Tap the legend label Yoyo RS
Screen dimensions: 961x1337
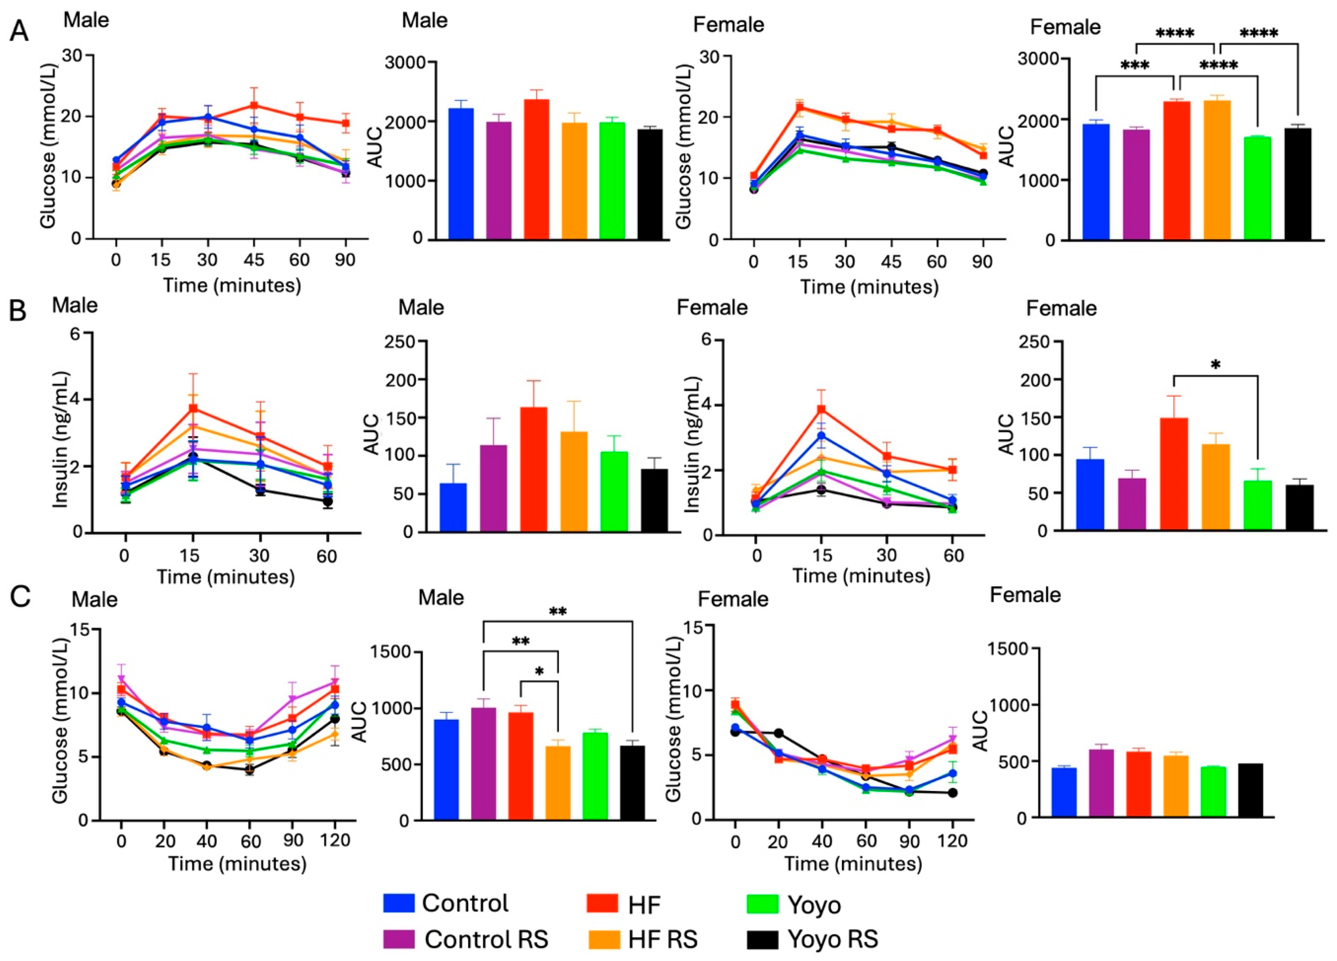point(832,939)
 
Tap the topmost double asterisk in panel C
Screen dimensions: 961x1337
point(558,611)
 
